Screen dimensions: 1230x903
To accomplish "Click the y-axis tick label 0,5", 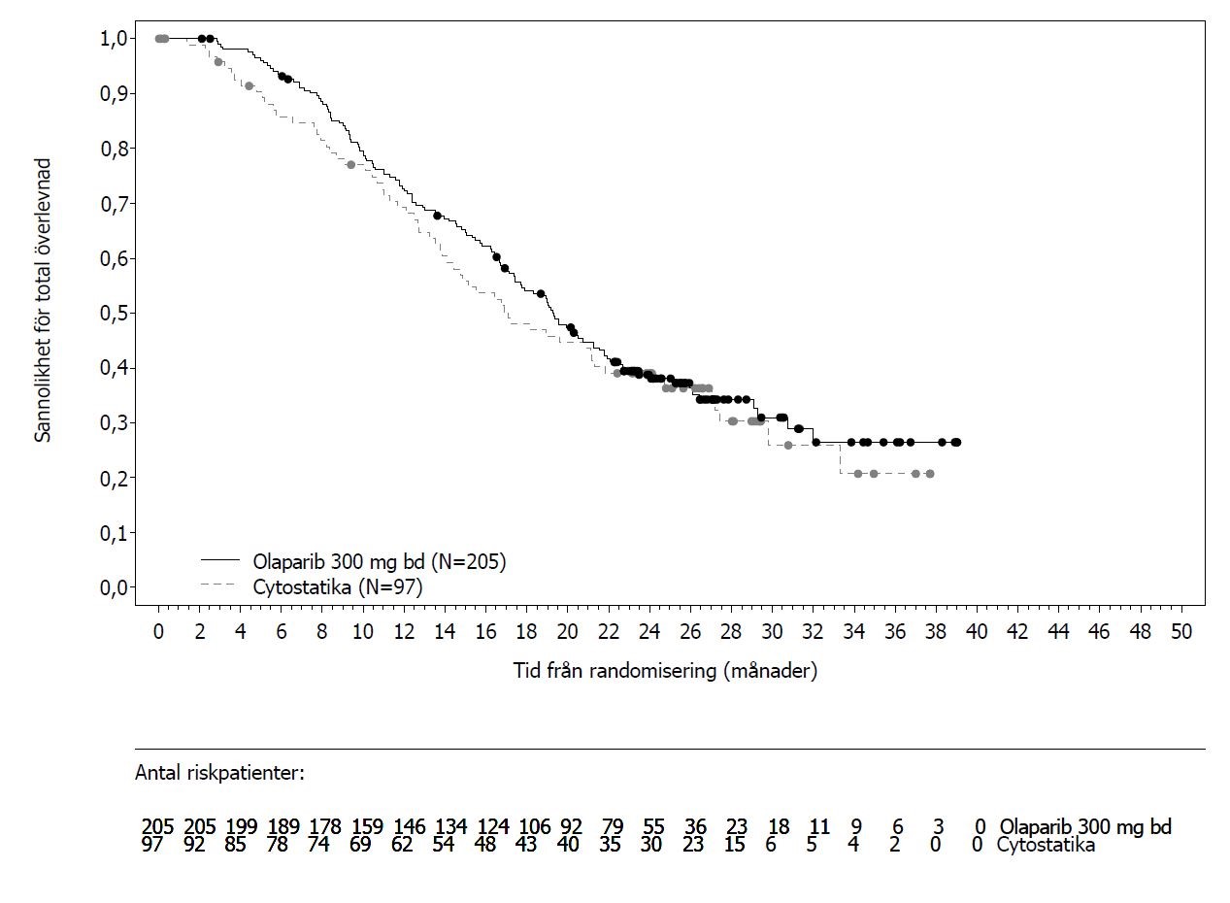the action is pyautogui.click(x=115, y=314).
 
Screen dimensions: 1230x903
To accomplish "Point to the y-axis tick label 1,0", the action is pyautogui.click(x=115, y=39).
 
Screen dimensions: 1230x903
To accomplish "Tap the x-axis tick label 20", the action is pyautogui.click(x=567, y=632).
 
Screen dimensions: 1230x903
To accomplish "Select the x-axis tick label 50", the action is pyautogui.click(x=1181, y=632).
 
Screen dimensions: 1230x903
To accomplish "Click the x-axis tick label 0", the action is pyautogui.click(x=158, y=632).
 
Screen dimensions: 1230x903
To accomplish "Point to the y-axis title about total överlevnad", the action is pyautogui.click(x=43, y=300).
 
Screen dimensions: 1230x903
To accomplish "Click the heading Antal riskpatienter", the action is pyautogui.click(x=219, y=773).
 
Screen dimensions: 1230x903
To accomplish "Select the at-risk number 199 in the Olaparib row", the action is pyautogui.click(x=242, y=826).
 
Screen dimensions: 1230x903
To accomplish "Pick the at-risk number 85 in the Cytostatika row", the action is pyautogui.click(x=236, y=844).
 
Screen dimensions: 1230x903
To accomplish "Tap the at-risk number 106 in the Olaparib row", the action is pyautogui.click(x=535, y=826).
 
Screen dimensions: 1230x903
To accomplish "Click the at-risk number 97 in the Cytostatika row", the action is pyautogui.click(x=152, y=844).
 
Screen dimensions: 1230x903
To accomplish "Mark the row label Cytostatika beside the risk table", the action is pyautogui.click(x=1046, y=844).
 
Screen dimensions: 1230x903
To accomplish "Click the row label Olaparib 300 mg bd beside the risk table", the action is pyautogui.click(x=1085, y=826).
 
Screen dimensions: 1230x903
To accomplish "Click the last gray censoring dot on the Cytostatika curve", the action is pyautogui.click(x=930, y=474).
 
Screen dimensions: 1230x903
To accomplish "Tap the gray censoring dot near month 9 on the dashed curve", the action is pyautogui.click(x=350, y=165).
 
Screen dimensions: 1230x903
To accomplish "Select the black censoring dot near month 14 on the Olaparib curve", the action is pyautogui.click(x=437, y=216).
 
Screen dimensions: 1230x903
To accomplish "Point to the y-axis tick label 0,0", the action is pyautogui.click(x=115, y=588).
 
